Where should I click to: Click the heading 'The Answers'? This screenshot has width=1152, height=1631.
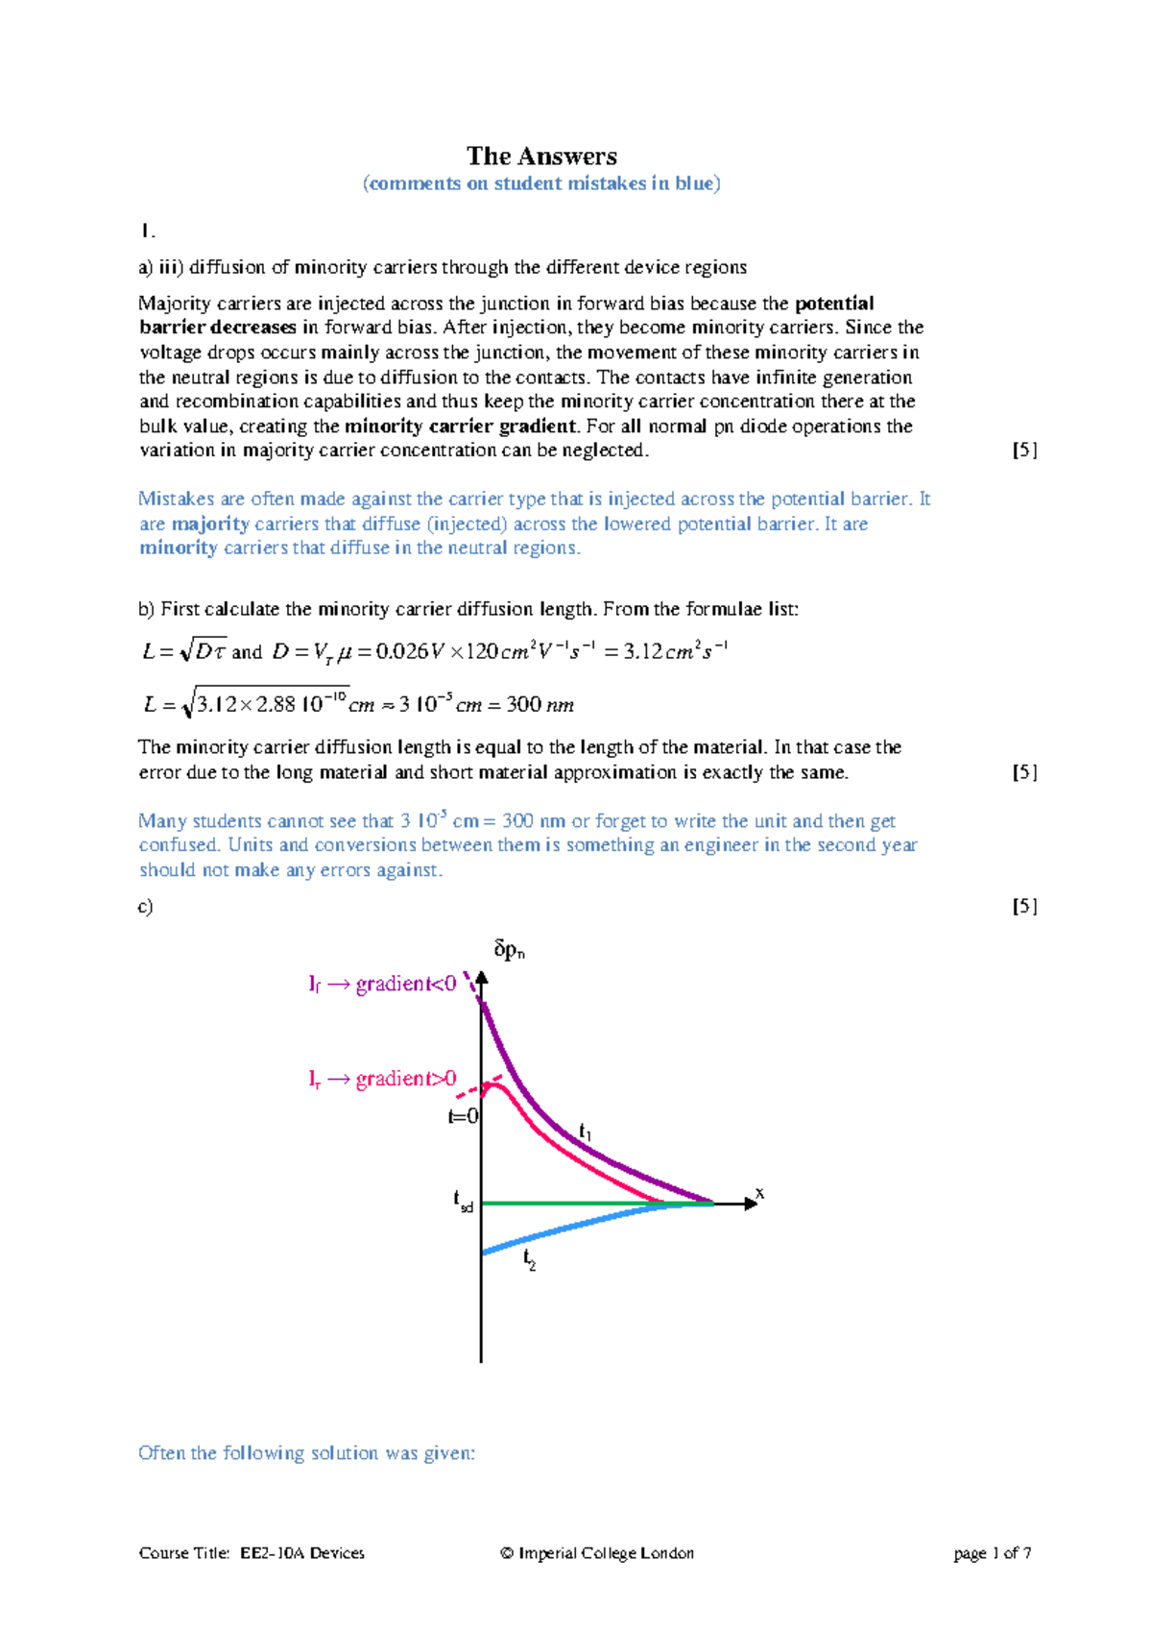pos(541,156)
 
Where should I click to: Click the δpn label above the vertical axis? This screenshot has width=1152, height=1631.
pos(509,950)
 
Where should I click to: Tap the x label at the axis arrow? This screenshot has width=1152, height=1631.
pos(759,1193)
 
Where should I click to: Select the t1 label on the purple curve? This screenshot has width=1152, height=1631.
pos(585,1132)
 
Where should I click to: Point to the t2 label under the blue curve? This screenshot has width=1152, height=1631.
pos(530,1259)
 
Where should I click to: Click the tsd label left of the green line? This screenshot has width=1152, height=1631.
pos(463,1200)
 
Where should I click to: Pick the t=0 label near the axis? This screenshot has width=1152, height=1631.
pos(463,1116)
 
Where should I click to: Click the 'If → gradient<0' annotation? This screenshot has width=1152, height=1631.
pos(382,984)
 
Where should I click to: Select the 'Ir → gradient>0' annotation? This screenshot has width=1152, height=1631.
pos(382,1079)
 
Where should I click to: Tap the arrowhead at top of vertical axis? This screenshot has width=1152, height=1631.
pos(482,978)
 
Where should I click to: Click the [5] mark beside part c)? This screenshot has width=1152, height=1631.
pos(1024,906)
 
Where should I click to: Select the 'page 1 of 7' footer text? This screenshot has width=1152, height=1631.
pos(993,1553)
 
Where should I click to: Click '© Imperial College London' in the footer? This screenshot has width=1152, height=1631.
pos(596,1553)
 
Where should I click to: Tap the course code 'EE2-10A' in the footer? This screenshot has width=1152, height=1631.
pos(272,1553)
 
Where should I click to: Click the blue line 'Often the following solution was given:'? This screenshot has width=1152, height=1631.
pos(306,1452)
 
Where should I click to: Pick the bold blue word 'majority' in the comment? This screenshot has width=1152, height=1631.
pos(210,523)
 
